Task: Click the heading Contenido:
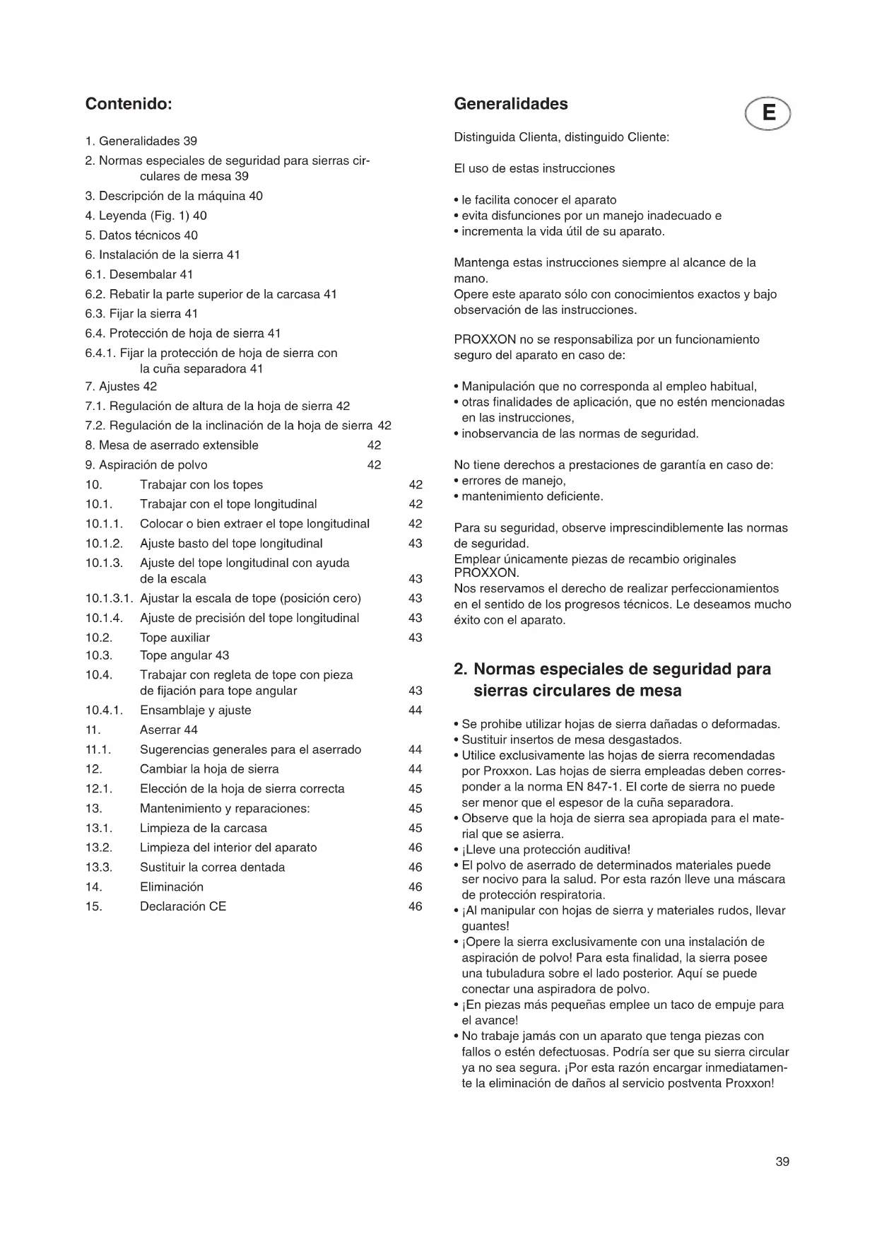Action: click(129, 104)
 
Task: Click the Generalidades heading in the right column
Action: click(510, 104)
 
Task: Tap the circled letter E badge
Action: click(768, 113)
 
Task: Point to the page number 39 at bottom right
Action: click(782, 1162)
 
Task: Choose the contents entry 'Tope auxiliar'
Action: click(175, 638)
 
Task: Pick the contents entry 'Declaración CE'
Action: click(183, 906)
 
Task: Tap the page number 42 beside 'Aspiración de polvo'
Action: click(374, 465)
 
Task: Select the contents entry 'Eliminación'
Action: click(172, 887)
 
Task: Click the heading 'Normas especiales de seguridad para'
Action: click(622, 669)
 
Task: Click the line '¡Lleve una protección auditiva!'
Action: click(546, 849)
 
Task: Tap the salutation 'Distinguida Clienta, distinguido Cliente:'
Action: click(561, 137)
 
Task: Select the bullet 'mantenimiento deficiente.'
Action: click(532, 496)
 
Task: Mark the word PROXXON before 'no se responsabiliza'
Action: click(484, 339)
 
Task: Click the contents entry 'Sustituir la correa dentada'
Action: click(212, 867)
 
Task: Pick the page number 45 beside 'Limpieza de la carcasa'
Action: click(416, 828)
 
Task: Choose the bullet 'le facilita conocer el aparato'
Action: click(538, 200)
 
